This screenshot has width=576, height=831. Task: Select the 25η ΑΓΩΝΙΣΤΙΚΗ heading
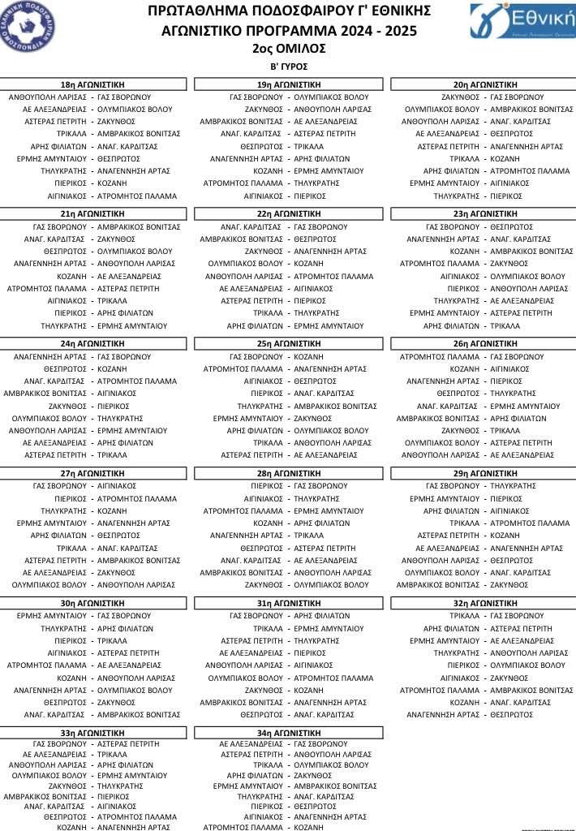click(x=287, y=343)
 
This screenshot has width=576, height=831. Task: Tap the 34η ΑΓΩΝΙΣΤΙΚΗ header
click(x=287, y=733)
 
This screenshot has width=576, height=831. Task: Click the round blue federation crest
click(x=28, y=25)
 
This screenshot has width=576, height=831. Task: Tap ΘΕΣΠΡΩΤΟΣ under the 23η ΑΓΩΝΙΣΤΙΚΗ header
click(x=512, y=227)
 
